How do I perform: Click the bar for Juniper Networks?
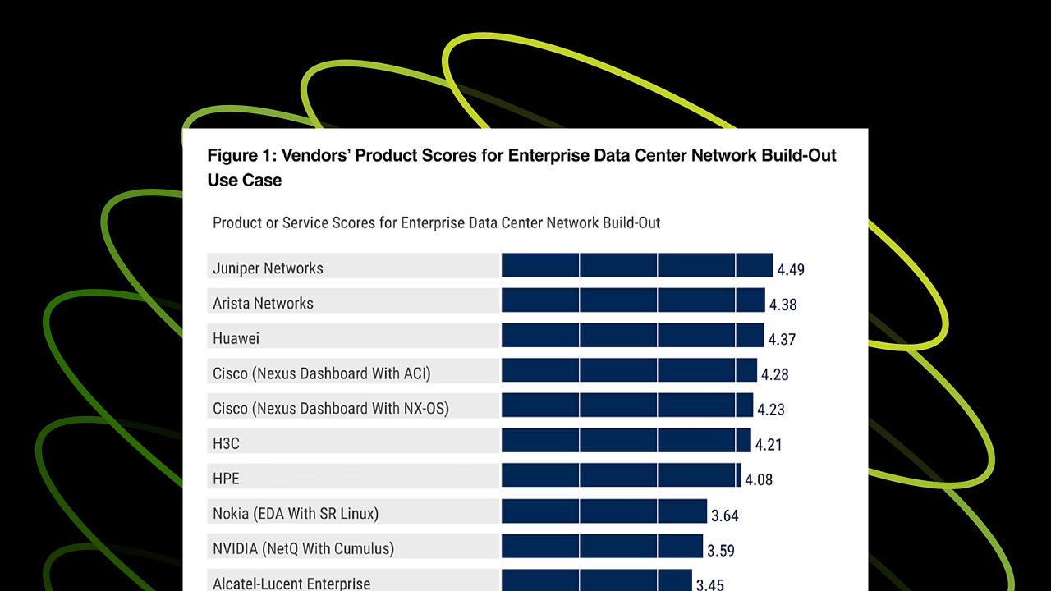637,265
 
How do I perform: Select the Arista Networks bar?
633,300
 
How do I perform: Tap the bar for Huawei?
632,335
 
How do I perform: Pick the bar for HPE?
621,475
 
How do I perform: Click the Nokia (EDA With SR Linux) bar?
604,511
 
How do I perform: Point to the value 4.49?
792,269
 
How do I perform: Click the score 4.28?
774,374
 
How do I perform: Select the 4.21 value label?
769,445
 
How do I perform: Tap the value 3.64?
725,515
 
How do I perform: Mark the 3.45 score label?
710,584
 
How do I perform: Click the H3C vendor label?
226,443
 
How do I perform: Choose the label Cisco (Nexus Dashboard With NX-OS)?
331,408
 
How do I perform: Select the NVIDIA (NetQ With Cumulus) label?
303,548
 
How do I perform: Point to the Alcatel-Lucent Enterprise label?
291,584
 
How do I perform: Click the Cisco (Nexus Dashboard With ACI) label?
322,373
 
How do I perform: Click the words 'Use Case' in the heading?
245,180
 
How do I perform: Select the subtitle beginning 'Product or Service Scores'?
436,222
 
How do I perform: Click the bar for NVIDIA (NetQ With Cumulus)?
602,546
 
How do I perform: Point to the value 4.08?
759,479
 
